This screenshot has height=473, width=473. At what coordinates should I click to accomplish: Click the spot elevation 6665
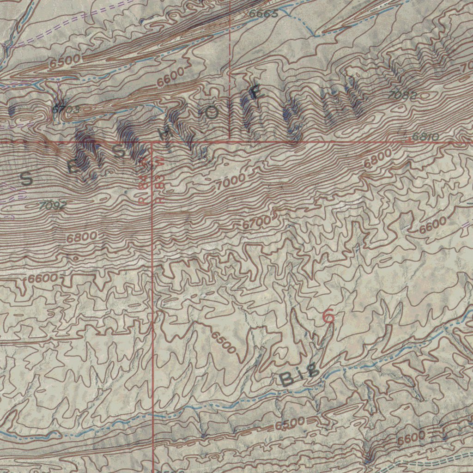point(263,14)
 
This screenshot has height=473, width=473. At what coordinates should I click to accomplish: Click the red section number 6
point(328,316)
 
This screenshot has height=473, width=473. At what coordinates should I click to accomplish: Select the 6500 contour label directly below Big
point(290,424)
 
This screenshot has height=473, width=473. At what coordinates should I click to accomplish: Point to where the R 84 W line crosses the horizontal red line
point(152,143)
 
